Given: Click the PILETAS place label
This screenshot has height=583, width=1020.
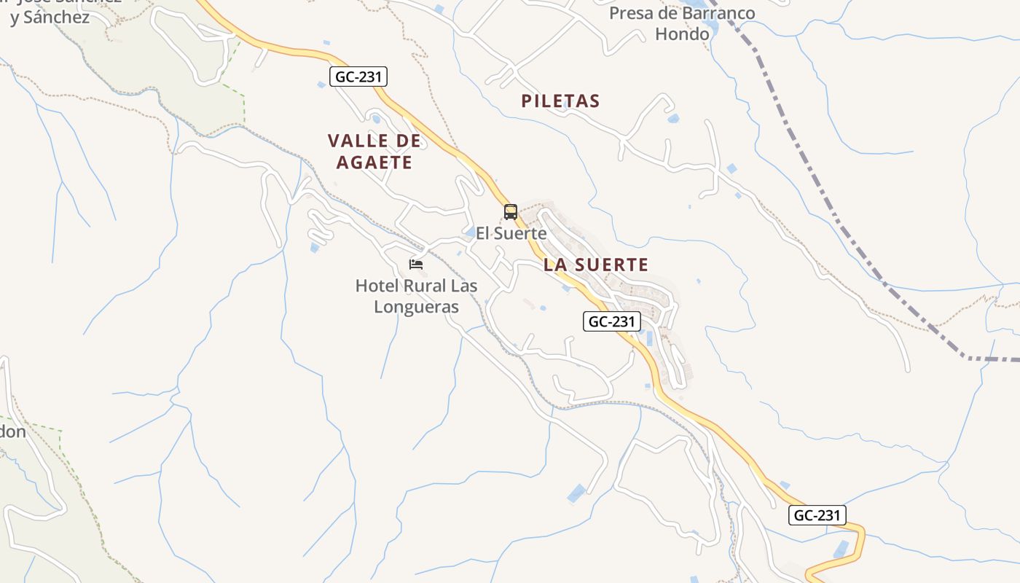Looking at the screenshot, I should click(x=560, y=101).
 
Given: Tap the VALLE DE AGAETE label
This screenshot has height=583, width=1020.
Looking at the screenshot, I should click(x=374, y=151).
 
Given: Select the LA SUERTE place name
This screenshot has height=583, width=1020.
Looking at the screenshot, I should click(x=596, y=265).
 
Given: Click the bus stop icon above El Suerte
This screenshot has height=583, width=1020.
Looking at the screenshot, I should click(x=511, y=212).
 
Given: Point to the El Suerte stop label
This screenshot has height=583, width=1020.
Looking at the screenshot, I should click(x=511, y=233).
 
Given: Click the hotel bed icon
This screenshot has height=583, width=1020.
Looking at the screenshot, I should click(x=416, y=264).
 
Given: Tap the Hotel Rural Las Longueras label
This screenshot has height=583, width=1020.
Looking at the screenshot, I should click(x=416, y=296).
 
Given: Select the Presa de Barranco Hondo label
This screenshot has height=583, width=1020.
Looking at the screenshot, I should click(x=682, y=23).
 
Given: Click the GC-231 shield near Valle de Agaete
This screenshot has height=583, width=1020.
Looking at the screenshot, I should click(x=358, y=77).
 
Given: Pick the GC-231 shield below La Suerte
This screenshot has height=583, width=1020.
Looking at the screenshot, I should click(x=612, y=321).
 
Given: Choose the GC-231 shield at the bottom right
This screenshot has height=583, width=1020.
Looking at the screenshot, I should click(x=817, y=515).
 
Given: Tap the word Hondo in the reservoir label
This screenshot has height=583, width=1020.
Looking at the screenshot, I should click(x=682, y=34).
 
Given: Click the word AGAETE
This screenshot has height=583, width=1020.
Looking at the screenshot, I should click(x=374, y=162).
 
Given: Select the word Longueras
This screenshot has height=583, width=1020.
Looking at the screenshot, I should click(x=416, y=307).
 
